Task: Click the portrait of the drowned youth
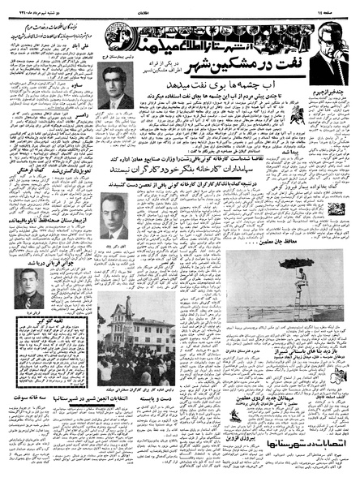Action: coord(30,289)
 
